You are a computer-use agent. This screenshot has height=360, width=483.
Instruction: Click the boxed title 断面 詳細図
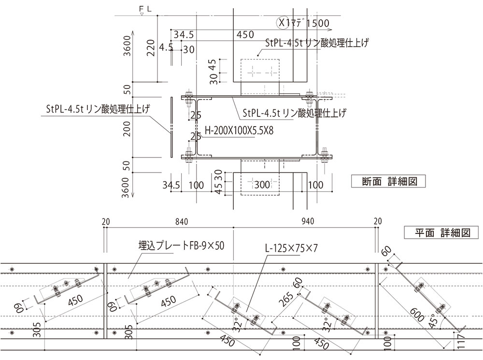pos(389,182)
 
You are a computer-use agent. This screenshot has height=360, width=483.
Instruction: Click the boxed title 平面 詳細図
pos(442,233)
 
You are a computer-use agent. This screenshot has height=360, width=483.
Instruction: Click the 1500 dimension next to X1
pos(318,23)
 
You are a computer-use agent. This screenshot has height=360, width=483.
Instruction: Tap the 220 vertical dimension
pos(151,48)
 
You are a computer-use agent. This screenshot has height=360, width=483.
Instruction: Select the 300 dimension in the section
pos(262,185)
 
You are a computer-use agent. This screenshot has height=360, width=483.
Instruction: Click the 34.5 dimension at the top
pos(184,35)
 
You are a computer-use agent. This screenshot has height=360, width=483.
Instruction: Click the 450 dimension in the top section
pos(245,35)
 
